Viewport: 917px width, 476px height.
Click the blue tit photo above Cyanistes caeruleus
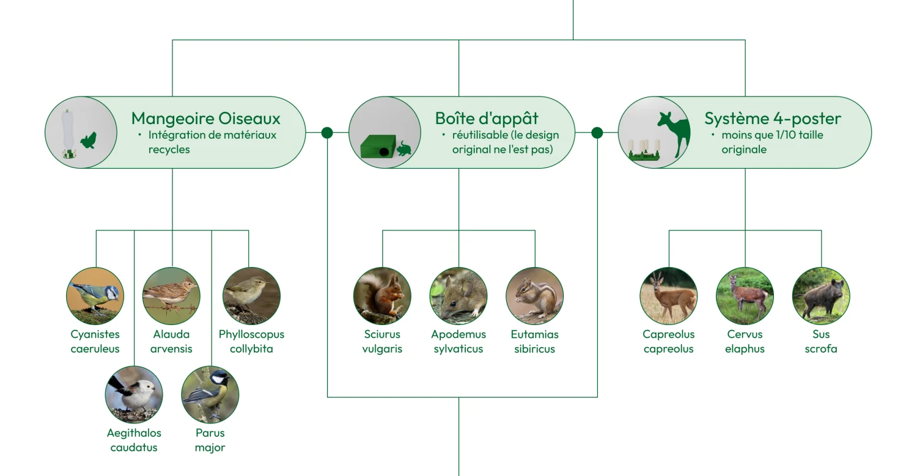[x=95, y=296]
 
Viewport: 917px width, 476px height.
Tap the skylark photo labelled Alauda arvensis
[x=171, y=296]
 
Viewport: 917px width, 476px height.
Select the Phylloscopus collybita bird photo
[x=251, y=296]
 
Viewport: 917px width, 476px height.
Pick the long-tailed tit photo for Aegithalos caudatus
[x=134, y=395]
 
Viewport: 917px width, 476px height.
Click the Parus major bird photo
[x=210, y=395]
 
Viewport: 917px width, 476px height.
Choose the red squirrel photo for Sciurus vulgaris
[x=382, y=296]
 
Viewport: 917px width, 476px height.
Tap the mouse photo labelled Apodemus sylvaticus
[x=458, y=296]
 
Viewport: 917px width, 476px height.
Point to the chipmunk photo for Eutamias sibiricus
[x=535, y=296]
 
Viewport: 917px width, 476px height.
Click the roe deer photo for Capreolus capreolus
[x=669, y=296]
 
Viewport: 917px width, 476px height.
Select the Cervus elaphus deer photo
[x=745, y=296]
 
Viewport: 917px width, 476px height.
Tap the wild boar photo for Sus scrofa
[x=821, y=296]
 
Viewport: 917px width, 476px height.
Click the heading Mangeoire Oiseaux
[x=205, y=119]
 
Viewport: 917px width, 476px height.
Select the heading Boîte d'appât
[x=487, y=119]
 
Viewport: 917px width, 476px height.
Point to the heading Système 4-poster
[x=773, y=119]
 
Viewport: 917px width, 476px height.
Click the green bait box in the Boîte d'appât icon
[x=378, y=146]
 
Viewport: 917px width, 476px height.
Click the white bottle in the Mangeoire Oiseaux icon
[x=67, y=131]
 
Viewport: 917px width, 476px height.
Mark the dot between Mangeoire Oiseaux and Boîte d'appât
[x=327, y=133]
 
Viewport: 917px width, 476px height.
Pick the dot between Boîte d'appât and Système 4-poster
[x=597, y=133]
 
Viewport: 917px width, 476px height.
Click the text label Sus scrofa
[x=821, y=342]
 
